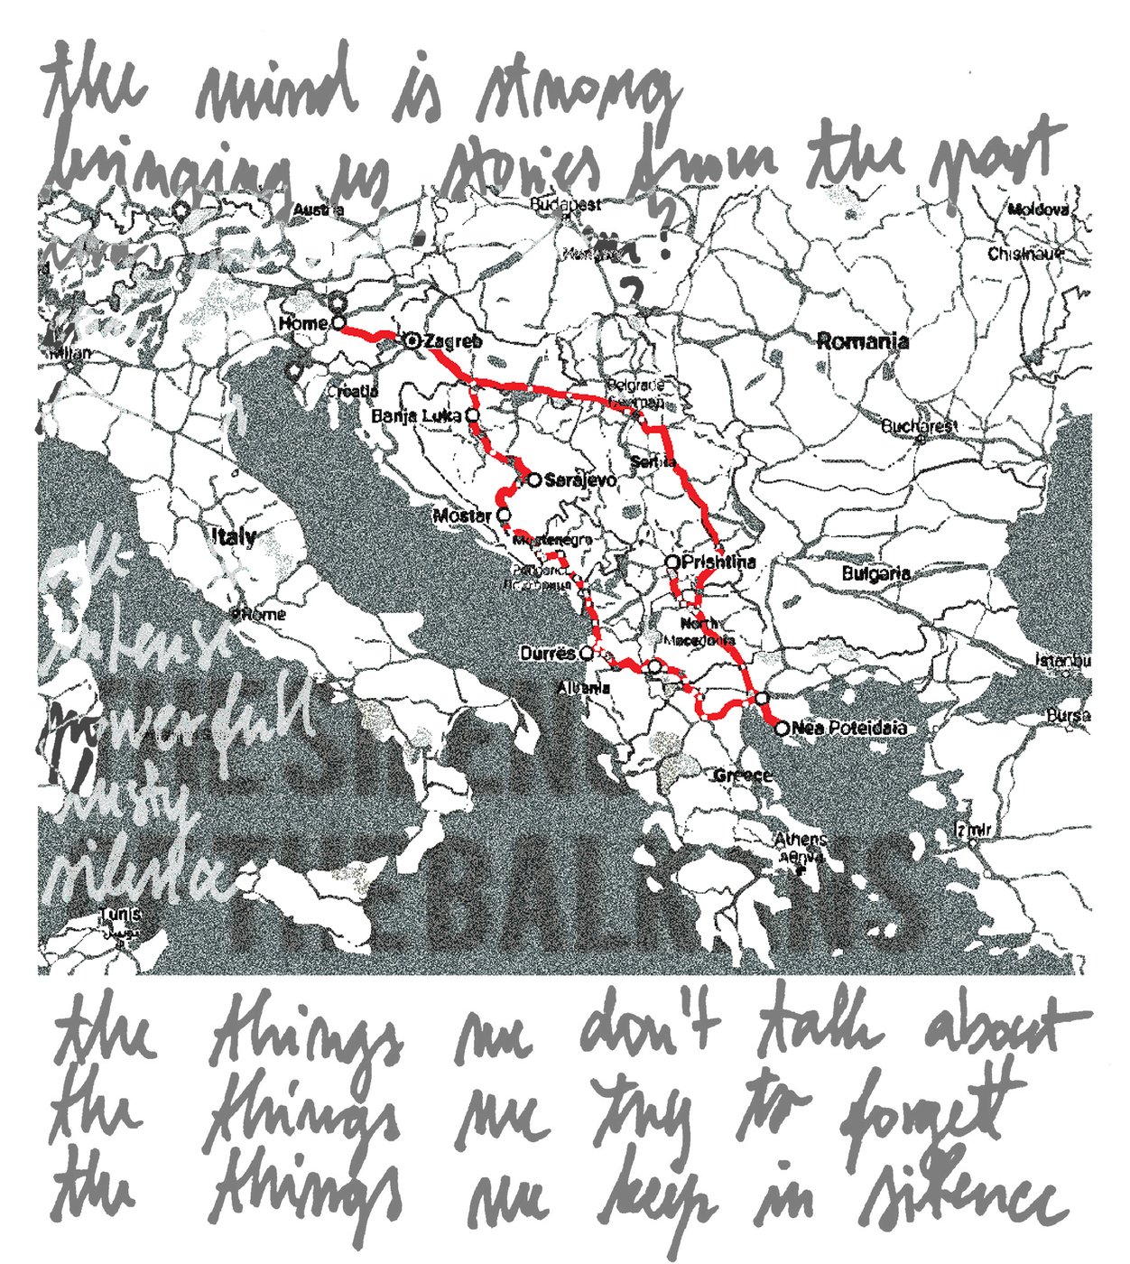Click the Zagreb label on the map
pyautogui.click(x=452, y=341)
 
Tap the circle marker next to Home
pyautogui.click(x=338, y=322)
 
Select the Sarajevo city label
pyautogui.click(x=580, y=480)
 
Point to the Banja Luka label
pyautogui.click(x=416, y=416)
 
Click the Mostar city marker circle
pyautogui.click(x=502, y=516)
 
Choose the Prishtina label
pyautogui.click(x=718, y=562)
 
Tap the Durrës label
pyautogui.click(x=547, y=652)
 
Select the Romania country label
pyautogui.click(x=863, y=341)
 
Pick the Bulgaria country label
pyautogui.click(x=875, y=573)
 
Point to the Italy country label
pyautogui.click(x=234, y=536)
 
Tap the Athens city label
pyautogui.click(x=801, y=840)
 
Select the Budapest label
pyautogui.click(x=565, y=205)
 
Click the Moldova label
pyautogui.click(x=1038, y=209)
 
